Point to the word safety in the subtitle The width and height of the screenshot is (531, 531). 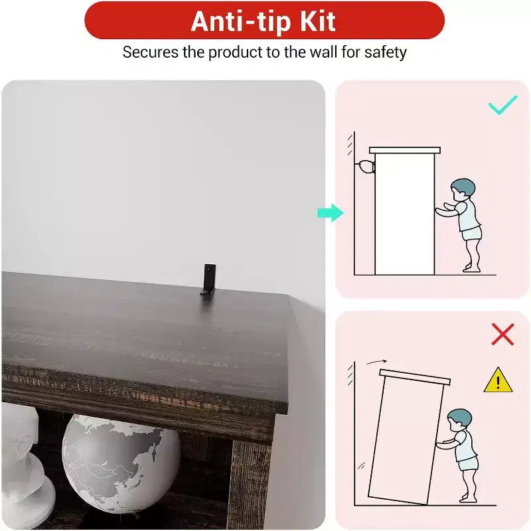click(x=386, y=52)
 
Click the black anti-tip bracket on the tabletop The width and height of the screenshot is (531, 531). click(x=208, y=279)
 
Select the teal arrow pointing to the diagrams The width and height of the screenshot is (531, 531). click(x=330, y=213)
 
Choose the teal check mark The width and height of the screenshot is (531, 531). click(x=503, y=105)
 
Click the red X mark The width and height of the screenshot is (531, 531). click(x=502, y=335)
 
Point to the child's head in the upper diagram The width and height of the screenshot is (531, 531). click(x=463, y=190)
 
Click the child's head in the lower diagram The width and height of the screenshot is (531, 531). click(x=459, y=420)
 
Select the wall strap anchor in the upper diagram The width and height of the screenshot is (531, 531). click(x=365, y=167)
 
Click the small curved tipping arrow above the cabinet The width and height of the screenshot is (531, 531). click(x=376, y=362)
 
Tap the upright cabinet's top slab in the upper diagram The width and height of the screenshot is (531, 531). click(x=405, y=150)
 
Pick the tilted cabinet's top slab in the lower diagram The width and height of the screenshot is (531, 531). click(x=415, y=377)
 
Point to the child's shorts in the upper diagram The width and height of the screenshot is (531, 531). click(x=472, y=234)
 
